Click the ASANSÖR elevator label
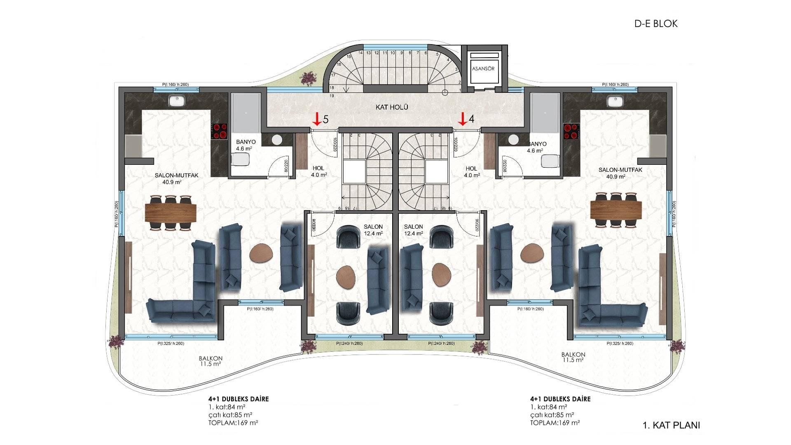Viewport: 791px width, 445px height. (483, 68)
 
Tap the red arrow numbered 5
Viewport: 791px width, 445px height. (316, 119)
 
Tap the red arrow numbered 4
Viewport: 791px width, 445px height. (462, 119)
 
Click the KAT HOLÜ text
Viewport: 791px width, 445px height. (392, 107)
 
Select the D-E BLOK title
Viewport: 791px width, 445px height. (656, 24)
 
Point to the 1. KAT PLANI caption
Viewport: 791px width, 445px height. (671, 425)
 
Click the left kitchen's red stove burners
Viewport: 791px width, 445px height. (219, 131)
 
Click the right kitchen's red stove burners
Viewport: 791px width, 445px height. (571, 131)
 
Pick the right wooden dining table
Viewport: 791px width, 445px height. (616, 210)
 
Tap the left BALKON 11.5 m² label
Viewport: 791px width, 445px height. (210, 361)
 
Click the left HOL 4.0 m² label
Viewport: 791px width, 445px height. (318, 171)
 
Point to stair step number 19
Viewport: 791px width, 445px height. (332, 96)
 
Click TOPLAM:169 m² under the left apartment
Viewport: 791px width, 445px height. (233, 423)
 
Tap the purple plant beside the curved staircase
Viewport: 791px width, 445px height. (308, 78)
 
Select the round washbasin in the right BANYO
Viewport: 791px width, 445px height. (513, 140)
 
